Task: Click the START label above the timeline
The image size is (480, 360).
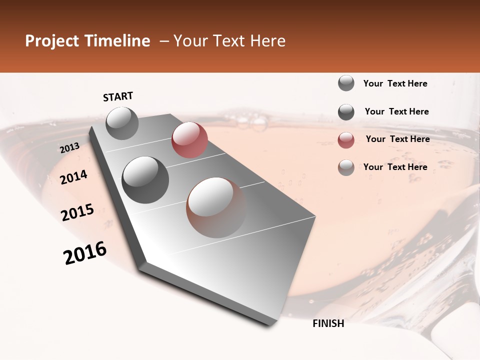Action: tap(118, 96)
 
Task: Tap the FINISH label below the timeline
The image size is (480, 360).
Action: tap(328, 323)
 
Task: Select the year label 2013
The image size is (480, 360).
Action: tap(69, 148)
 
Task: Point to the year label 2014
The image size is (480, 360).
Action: tap(73, 177)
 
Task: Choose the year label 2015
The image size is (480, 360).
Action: tap(77, 212)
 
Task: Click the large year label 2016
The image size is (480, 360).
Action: tap(85, 253)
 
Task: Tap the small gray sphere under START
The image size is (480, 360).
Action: tap(122, 123)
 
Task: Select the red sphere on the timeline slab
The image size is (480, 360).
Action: tap(189, 140)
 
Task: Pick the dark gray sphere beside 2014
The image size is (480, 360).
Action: tap(145, 179)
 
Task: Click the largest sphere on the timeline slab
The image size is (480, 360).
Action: tap(216, 207)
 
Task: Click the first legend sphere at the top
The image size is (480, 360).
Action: tap(346, 83)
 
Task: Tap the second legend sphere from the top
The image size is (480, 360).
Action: tap(346, 112)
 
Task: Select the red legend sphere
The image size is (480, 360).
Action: tap(346, 140)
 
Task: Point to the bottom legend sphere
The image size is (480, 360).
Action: tap(346, 167)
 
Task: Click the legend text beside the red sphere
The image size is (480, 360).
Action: tap(397, 139)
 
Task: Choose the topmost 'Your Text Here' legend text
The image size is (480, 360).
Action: tap(395, 83)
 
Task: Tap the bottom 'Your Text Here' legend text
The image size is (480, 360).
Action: tap(395, 167)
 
